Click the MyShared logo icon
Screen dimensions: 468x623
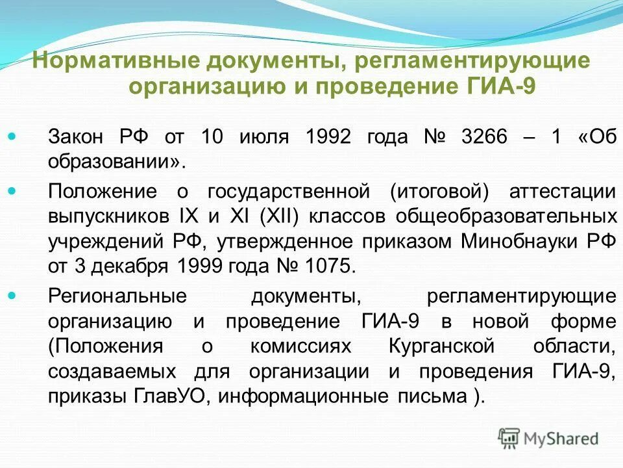(509, 437)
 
